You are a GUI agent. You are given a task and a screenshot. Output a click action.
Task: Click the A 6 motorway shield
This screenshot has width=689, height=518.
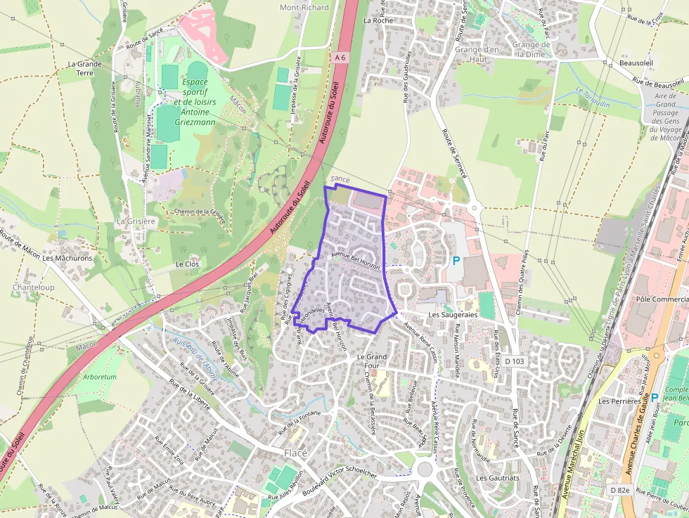coord(341,57)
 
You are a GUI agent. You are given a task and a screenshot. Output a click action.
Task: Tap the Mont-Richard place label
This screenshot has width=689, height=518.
coord(304,8)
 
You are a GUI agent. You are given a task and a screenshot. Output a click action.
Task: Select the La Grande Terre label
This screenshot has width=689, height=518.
coord(84,67)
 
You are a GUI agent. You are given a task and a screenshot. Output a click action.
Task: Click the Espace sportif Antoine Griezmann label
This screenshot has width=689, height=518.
coord(195,102)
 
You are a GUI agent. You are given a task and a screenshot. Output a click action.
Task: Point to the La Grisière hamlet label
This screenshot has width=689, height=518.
coord(135,221)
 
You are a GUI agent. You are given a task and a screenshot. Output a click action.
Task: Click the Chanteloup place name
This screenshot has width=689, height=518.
coord(33,287)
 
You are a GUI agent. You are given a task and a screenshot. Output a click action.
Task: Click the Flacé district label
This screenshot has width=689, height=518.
coord(295,453)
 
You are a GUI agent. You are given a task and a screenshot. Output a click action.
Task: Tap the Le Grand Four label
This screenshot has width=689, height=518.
coord(373,361)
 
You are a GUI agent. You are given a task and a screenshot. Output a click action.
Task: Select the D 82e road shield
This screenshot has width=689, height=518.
coord(619,490)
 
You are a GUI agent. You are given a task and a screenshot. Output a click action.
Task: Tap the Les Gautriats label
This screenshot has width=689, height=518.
coord(497,477)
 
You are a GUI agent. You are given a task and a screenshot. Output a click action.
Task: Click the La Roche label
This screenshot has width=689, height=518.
coord(378,20)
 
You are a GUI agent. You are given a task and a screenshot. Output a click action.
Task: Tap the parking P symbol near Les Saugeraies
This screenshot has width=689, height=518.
coord(456,261)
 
